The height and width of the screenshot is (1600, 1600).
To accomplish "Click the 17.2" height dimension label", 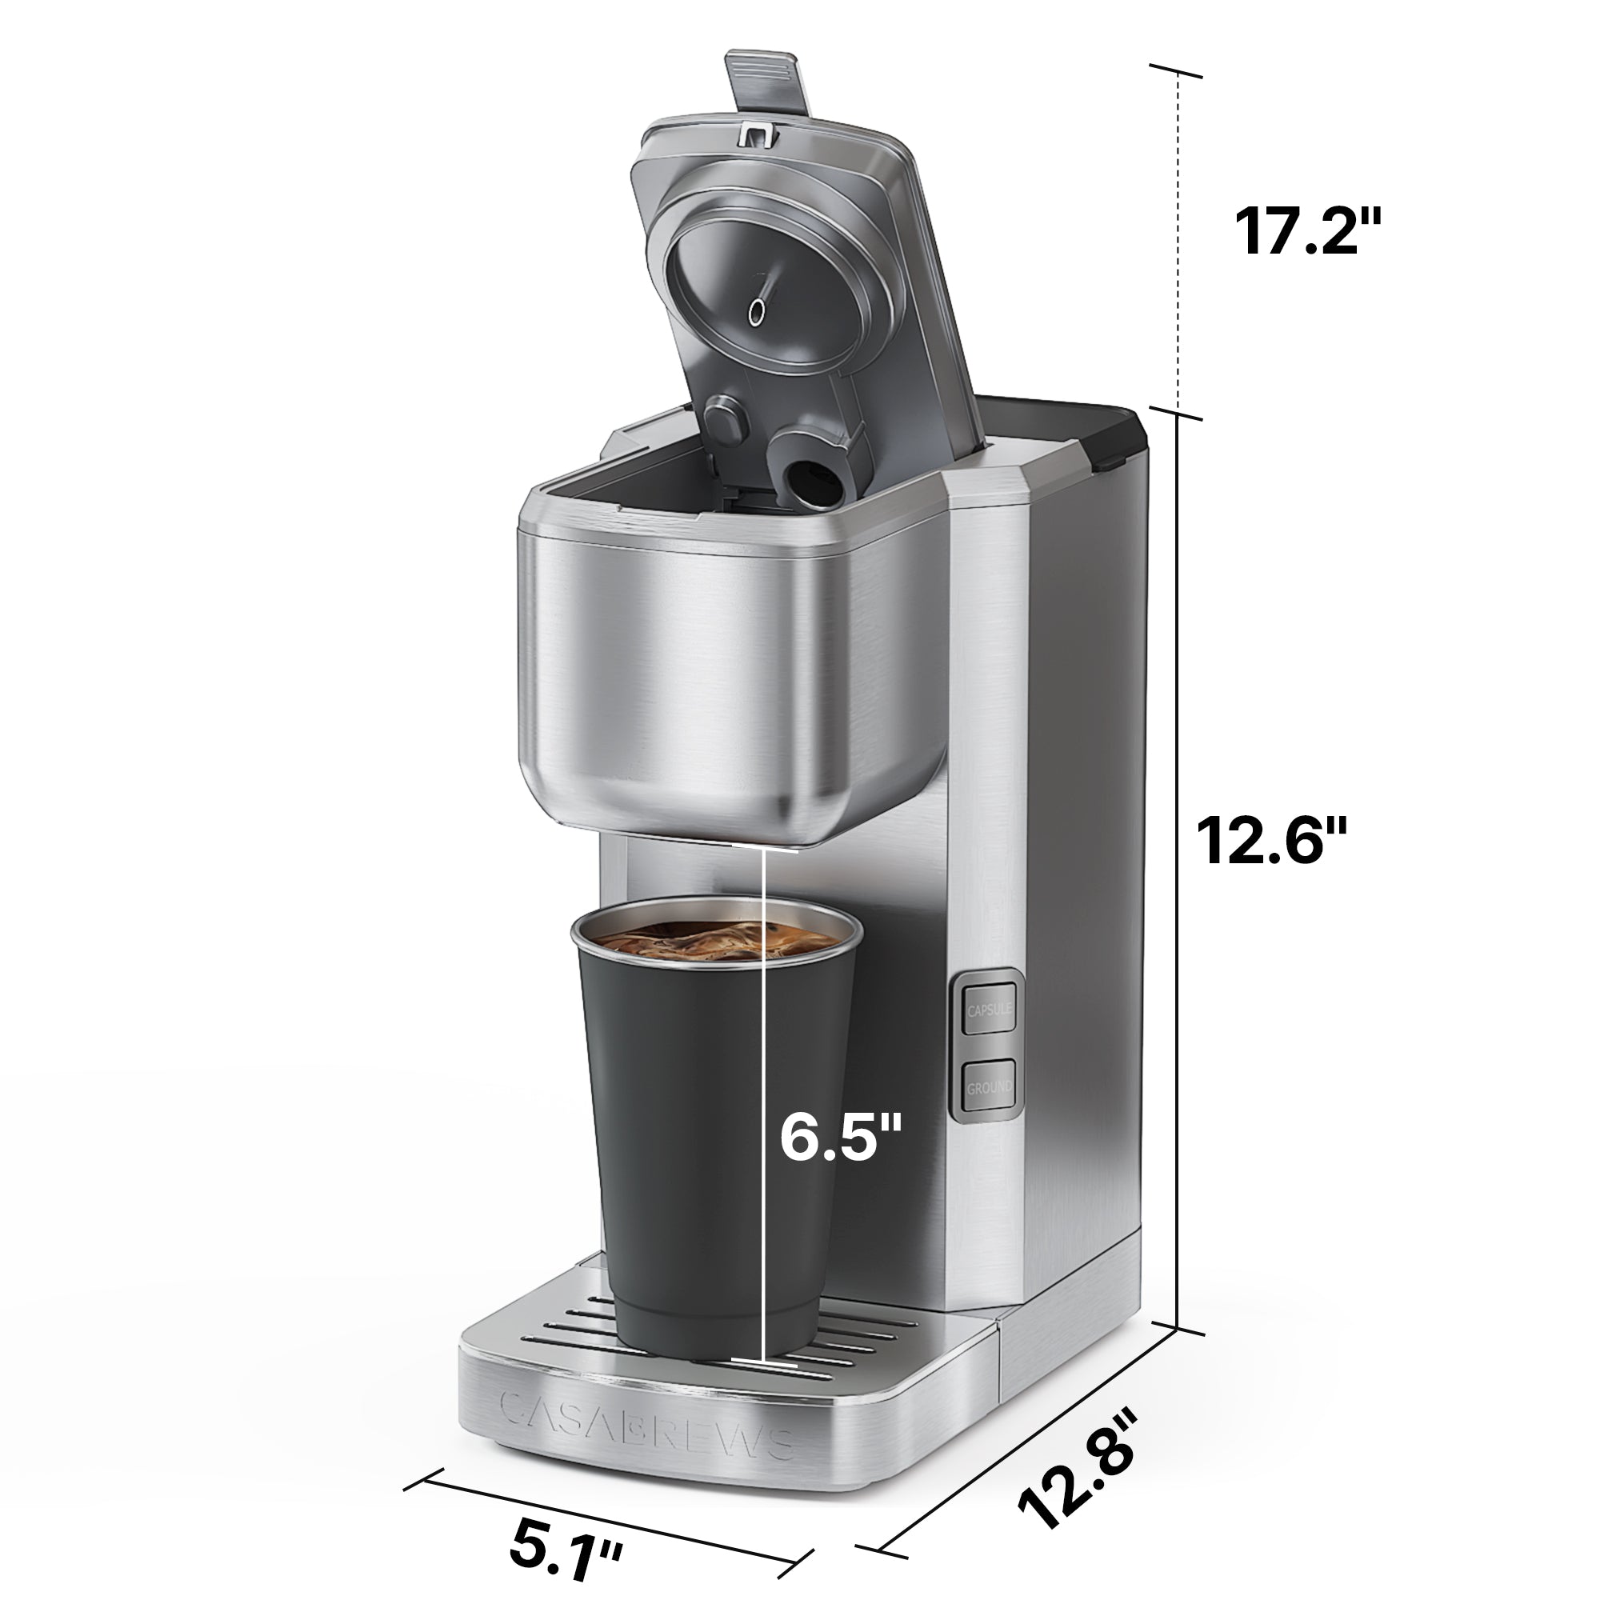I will (1308, 232).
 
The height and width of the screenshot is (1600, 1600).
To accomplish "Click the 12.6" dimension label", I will (1272, 842).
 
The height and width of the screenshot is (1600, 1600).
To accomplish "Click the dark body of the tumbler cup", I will (687, 1159).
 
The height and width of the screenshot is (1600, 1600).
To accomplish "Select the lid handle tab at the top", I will (766, 83).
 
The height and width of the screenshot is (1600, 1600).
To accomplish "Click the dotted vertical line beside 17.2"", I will (1178, 249).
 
